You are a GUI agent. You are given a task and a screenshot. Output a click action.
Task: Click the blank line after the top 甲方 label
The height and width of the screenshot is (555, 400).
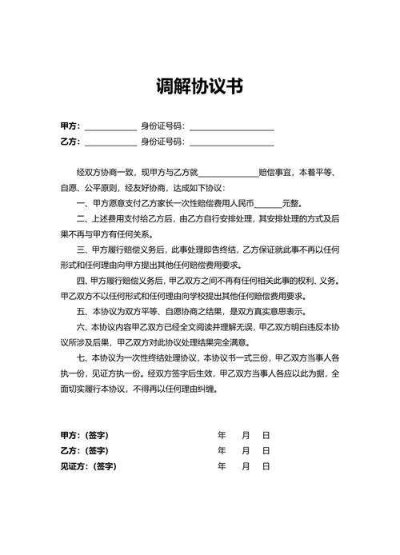click(x=110, y=127)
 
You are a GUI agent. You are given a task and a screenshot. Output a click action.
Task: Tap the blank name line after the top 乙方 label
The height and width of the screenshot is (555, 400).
click(x=110, y=143)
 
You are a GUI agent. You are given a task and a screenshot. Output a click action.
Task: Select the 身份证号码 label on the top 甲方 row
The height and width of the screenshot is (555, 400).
click(x=162, y=126)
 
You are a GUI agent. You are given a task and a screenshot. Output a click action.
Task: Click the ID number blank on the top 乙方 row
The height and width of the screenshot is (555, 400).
click(x=231, y=143)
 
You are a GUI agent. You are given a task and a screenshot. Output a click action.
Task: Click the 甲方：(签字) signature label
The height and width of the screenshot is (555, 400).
click(x=84, y=435)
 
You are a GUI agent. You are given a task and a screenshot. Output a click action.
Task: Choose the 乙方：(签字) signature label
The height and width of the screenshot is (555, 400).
click(x=84, y=450)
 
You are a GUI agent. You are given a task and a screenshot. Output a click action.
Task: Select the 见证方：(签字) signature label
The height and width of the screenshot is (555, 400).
click(x=88, y=465)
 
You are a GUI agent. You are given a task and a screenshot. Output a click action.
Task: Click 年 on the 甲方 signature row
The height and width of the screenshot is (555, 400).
click(x=222, y=435)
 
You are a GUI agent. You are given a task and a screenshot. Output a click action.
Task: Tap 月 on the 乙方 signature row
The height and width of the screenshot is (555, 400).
click(x=245, y=450)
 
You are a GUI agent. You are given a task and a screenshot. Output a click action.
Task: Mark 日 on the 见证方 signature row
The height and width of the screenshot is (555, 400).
click(x=266, y=465)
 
